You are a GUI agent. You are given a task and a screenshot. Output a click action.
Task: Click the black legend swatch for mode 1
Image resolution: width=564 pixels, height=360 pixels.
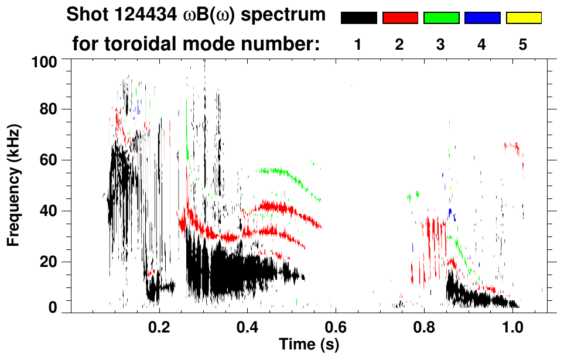coord(358,18)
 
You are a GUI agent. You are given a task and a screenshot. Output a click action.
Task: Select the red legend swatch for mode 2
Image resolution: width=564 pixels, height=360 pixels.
coord(400,18)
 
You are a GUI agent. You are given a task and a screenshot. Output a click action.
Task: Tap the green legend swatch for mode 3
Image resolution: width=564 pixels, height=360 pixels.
coord(441,18)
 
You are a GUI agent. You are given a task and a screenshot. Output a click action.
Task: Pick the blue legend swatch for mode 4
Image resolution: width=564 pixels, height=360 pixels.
coord(482,18)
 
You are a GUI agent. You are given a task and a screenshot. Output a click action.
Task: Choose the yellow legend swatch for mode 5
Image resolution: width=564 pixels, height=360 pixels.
coord(524,18)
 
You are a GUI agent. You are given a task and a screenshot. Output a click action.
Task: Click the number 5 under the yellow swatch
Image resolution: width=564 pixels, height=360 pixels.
coord(524,45)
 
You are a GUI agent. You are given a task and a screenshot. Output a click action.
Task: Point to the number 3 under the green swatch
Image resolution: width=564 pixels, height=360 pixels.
coord(441,45)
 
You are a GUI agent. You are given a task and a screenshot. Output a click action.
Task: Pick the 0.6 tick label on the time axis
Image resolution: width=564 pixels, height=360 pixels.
coord(336,326)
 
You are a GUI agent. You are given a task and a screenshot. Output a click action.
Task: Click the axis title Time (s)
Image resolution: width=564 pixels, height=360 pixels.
coord(309,345)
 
